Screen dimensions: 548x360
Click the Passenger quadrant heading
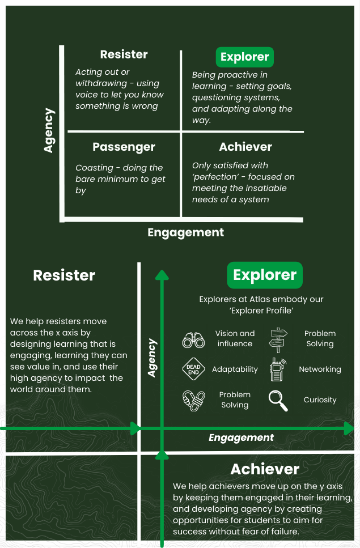tap(124, 147)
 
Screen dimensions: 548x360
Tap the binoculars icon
tap(193, 339)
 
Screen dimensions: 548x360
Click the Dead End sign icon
tap(193, 369)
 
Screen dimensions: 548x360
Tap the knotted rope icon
tap(193, 401)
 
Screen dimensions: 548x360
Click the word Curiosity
tap(320, 400)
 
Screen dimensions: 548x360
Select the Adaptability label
tap(235, 369)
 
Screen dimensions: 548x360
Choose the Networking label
tap(320, 369)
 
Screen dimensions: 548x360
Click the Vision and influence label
tap(235, 338)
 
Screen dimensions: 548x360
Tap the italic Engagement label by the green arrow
tap(241, 437)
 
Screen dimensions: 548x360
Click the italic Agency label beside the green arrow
tap(151, 358)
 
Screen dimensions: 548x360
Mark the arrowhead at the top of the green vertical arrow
tap(162, 275)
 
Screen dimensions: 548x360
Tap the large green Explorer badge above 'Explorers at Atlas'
tap(265, 275)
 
